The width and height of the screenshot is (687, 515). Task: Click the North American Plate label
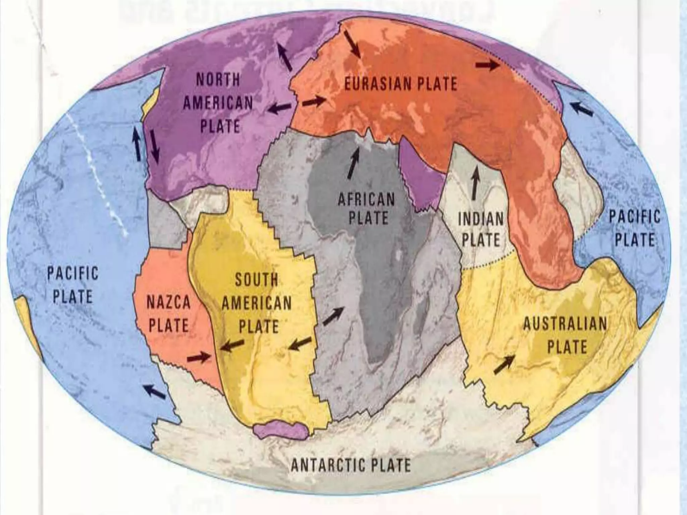pos(218,103)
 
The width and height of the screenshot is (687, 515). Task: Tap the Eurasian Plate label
pos(401,83)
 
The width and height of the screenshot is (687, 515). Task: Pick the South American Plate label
pos(257,303)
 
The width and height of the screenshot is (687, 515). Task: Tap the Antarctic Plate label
pos(351,465)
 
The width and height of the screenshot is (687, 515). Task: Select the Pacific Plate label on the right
pos(634,228)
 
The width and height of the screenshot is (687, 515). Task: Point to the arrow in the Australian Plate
pos(504,365)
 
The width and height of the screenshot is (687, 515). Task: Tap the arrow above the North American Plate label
pos(284,58)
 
